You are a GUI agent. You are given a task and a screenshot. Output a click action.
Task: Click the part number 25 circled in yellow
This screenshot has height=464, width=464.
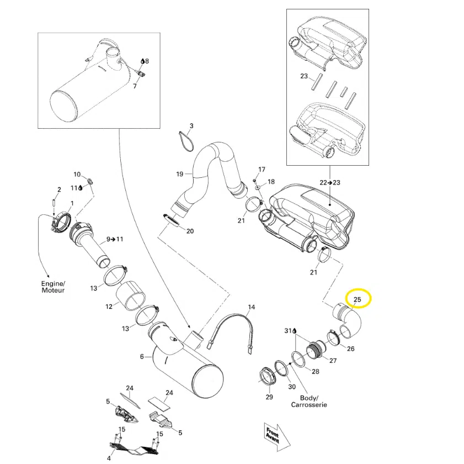point(357,299)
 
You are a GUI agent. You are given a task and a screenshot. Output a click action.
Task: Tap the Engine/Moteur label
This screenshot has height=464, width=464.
point(53,287)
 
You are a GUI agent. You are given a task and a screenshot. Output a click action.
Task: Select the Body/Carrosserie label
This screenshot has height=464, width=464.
point(309,401)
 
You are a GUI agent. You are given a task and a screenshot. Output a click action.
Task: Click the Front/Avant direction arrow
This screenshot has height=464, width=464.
point(274,434)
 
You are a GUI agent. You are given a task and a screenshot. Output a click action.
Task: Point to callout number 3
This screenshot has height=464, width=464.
point(191,126)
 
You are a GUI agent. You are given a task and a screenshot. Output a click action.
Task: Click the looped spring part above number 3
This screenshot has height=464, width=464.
point(186,140)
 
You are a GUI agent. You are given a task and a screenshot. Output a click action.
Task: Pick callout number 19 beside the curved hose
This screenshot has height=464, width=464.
point(179,175)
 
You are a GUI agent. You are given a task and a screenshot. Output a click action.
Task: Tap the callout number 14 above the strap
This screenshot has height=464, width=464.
point(252,307)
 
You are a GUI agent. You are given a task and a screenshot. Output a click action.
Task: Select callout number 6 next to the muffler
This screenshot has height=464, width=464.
point(142,357)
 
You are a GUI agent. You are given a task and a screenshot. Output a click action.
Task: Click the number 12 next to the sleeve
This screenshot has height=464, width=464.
point(109,306)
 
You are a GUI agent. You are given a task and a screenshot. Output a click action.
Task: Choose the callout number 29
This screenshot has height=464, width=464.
point(269,397)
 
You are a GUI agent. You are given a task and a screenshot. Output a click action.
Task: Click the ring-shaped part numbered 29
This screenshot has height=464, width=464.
point(268,379)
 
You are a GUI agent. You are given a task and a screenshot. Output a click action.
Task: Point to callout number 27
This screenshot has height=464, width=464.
point(333,361)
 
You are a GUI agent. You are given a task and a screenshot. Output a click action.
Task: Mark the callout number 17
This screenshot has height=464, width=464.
point(262,169)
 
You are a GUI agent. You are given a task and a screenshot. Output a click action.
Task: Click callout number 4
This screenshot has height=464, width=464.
point(109,457)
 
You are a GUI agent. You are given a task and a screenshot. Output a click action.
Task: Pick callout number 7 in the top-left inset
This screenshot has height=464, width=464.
point(135,86)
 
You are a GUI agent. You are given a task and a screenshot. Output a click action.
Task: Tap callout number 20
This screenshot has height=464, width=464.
point(189,231)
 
